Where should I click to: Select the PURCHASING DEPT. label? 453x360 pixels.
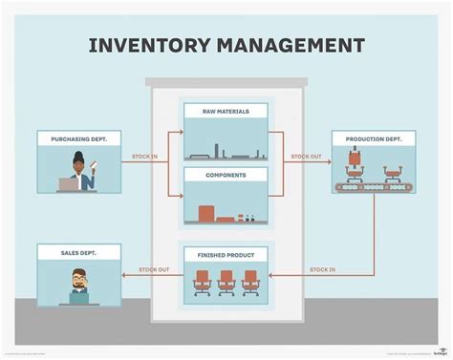[77, 139]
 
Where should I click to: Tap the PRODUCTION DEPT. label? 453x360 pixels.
[374, 139]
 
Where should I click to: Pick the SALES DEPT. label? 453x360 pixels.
[77, 251]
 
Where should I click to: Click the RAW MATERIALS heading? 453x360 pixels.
[226, 112]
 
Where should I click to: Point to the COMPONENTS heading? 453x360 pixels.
[226, 175]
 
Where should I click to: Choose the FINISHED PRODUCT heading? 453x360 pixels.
[226, 254]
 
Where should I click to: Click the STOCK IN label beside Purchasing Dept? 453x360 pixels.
[145, 157]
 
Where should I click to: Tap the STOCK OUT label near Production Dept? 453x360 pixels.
[307, 157]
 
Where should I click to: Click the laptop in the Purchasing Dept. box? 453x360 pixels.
[70, 184]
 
